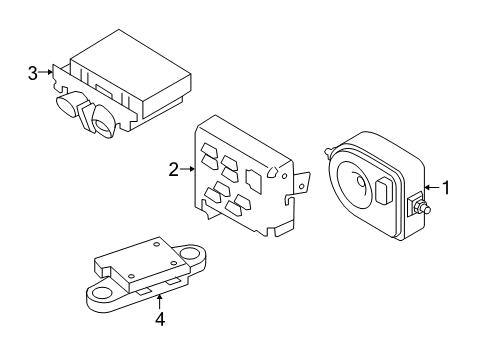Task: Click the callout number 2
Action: coord(173,170)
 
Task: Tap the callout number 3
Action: coord(33,72)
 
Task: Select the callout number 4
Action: coord(158,320)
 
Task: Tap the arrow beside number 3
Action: coord(46,72)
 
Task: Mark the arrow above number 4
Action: coord(158,299)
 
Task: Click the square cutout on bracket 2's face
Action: coord(254,179)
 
